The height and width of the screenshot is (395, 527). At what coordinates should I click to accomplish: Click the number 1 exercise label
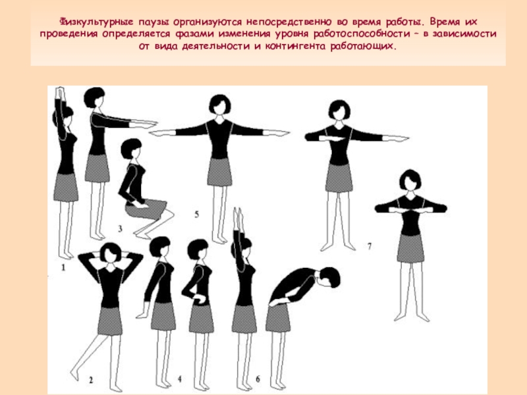[63, 268]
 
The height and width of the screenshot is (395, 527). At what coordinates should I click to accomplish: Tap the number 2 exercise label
[91, 380]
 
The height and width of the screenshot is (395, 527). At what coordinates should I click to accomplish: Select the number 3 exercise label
[120, 228]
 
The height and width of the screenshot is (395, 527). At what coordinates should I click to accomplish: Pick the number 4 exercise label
[180, 379]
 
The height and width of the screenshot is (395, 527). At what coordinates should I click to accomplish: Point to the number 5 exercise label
[196, 214]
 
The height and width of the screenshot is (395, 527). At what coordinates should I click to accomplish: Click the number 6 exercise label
[258, 379]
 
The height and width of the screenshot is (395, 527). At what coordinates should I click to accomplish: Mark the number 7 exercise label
[370, 246]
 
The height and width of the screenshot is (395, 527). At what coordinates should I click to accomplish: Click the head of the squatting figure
[131, 148]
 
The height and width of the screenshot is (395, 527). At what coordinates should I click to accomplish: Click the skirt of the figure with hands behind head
[110, 321]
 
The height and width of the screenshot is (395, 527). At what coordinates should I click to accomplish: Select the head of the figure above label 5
[220, 104]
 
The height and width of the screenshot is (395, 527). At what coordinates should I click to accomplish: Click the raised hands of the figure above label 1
[60, 93]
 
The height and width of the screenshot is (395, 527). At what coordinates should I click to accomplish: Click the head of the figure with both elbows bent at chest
[410, 180]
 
